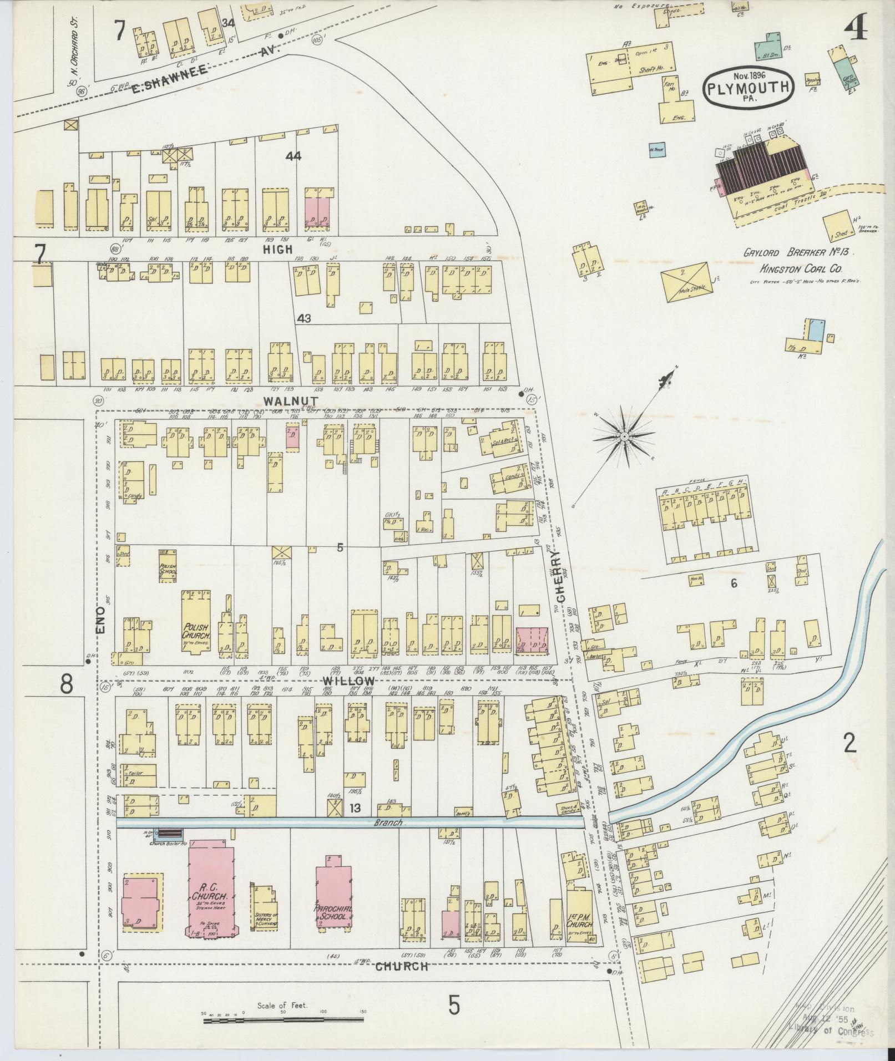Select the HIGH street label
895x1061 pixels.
278,250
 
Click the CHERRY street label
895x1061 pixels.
560,580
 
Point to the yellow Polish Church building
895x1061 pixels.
196,623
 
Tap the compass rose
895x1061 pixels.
624,437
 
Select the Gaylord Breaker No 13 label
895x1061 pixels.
800,253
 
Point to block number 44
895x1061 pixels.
293,156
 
